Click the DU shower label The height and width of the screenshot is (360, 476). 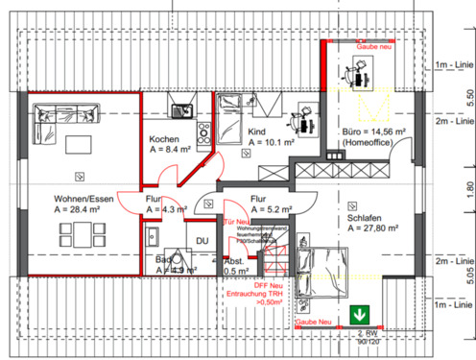click(x=202, y=240)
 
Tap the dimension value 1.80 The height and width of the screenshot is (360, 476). click(x=469, y=188)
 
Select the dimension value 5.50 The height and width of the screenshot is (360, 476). click(x=469, y=97)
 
